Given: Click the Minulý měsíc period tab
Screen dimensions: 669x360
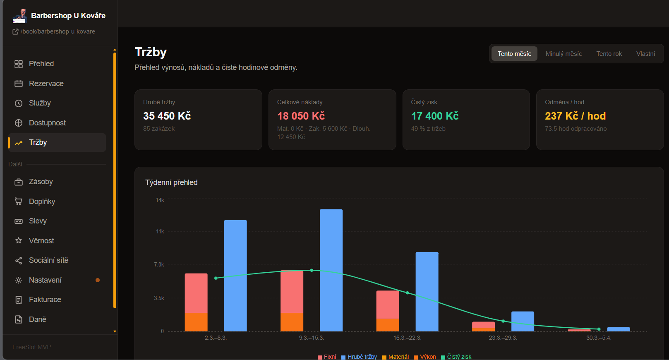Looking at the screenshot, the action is pyautogui.click(x=563, y=54).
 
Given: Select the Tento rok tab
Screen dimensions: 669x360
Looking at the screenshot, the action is pyautogui.click(x=609, y=54).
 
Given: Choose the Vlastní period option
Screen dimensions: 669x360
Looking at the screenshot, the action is pyautogui.click(x=645, y=54).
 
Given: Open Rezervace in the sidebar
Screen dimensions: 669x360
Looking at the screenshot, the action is pyautogui.click(x=46, y=83).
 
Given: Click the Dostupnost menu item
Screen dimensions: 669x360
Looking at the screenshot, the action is pyautogui.click(x=47, y=123).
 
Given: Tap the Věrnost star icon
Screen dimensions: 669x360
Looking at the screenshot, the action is pyautogui.click(x=19, y=240).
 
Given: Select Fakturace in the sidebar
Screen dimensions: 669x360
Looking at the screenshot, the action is pyautogui.click(x=45, y=299).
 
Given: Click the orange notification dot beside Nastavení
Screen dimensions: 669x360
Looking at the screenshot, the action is pyautogui.click(x=97, y=280).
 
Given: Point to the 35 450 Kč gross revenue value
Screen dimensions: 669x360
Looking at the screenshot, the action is pyautogui.click(x=167, y=116).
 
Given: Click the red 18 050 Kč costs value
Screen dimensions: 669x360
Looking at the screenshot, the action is pyautogui.click(x=301, y=116).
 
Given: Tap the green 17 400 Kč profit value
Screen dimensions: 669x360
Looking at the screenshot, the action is pyautogui.click(x=435, y=116).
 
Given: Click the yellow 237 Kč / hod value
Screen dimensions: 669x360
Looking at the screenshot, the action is pyautogui.click(x=575, y=116).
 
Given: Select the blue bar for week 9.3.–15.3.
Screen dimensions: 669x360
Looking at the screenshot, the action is pyautogui.click(x=331, y=270).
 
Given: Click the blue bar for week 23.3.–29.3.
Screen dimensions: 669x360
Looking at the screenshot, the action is pyautogui.click(x=523, y=322).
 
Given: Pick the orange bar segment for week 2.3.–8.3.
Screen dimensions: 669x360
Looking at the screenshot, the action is pyautogui.click(x=196, y=322).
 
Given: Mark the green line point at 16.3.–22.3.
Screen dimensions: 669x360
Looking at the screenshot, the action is pyautogui.click(x=408, y=293).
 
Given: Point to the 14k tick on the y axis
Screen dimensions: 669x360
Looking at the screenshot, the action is pyautogui.click(x=160, y=200).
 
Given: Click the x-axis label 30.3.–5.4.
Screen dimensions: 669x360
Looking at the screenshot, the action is pyautogui.click(x=599, y=338).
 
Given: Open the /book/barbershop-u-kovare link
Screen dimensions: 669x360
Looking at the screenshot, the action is pyautogui.click(x=58, y=31).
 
